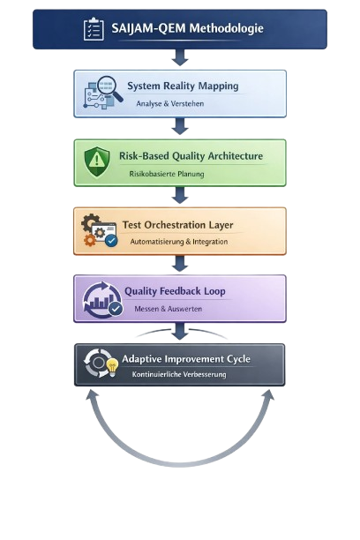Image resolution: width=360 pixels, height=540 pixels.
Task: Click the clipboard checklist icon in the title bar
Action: pos(94,29)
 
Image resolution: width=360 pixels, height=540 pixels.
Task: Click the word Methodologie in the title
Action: pos(227,28)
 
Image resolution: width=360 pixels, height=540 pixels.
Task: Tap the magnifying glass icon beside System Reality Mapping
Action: pos(110,89)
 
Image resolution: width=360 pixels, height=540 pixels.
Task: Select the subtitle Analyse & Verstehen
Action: pos(169,103)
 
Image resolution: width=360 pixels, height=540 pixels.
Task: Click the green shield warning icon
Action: pos(97,161)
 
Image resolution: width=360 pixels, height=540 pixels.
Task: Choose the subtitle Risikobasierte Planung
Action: pos(167,174)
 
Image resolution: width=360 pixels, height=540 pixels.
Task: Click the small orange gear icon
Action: pos(90,240)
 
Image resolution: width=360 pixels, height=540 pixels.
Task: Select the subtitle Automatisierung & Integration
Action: pos(179,242)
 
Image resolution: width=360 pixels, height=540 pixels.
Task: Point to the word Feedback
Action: pos(179,291)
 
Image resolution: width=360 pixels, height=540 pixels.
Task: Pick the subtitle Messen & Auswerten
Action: pos(169,309)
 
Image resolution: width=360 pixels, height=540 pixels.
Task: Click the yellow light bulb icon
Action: pos(112,367)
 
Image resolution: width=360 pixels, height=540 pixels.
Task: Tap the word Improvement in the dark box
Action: pos(194,359)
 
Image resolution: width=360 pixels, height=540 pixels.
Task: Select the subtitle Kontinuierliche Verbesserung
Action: pos(179,374)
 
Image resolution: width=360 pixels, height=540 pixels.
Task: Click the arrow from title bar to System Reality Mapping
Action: pos(180,57)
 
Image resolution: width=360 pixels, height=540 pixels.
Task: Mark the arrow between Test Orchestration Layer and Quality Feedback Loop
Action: pos(180,263)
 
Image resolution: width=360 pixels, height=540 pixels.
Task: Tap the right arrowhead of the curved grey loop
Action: pos(269,395)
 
